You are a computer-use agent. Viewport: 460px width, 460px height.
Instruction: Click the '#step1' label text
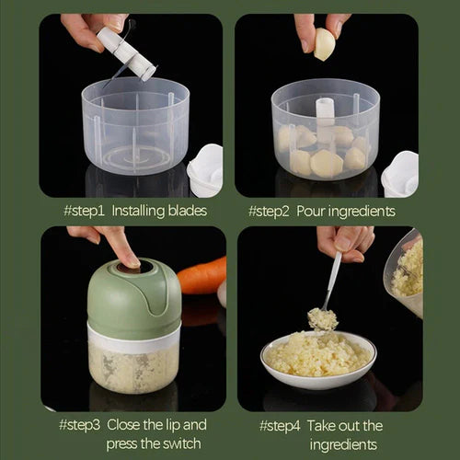(85, 212)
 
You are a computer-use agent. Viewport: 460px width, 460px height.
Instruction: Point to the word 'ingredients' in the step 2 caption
(364, 212)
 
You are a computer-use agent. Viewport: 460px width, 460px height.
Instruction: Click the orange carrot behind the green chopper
(203, 275)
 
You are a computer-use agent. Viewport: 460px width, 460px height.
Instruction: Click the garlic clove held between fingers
(324, 44)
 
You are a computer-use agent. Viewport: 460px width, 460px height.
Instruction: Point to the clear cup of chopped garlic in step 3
(132, 368)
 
